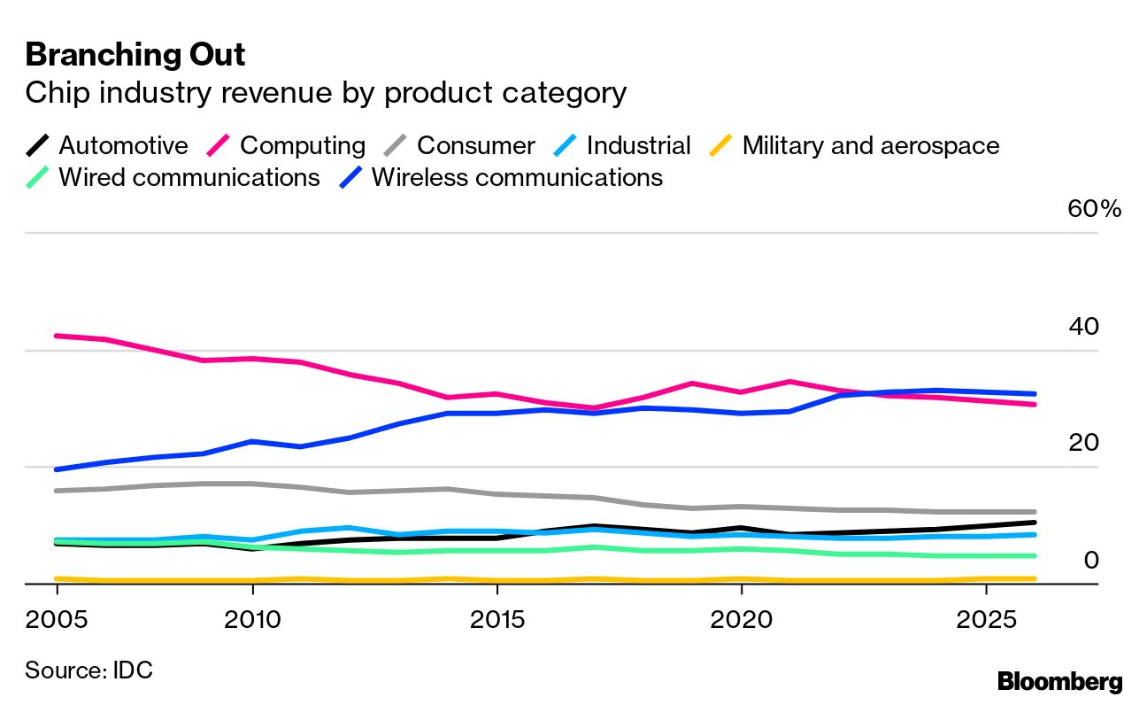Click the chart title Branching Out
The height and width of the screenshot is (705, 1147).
click(135, 55)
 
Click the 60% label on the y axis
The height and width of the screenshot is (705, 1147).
click(1095, 209)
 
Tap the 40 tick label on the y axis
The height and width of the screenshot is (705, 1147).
click(1083, 327)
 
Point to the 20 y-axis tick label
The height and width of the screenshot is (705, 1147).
click(1083, 443)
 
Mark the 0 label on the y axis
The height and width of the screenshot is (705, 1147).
click(1090, 560)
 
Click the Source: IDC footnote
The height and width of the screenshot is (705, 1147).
click(89, 670)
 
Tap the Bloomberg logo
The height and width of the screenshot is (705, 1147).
click(1059, 681)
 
